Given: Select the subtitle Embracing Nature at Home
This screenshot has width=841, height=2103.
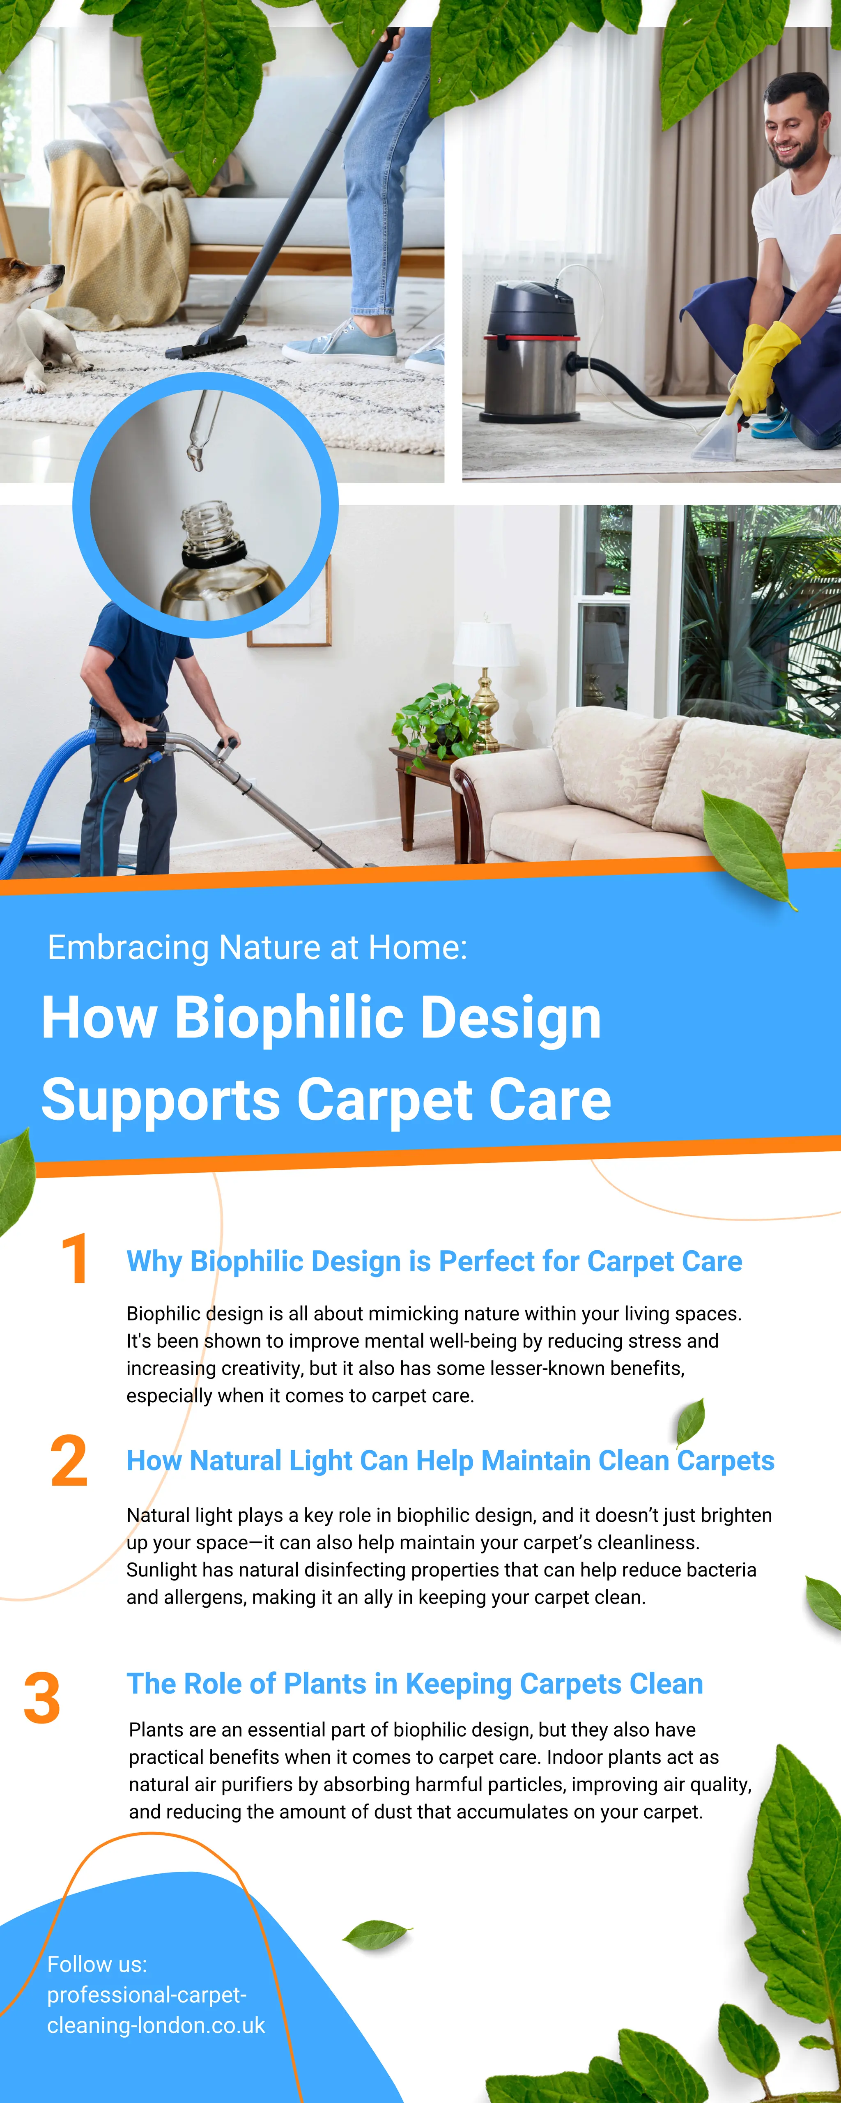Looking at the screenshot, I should [x=257, y=947].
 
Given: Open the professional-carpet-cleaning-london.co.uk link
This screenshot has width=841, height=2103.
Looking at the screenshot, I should [x=155, y=2010].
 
